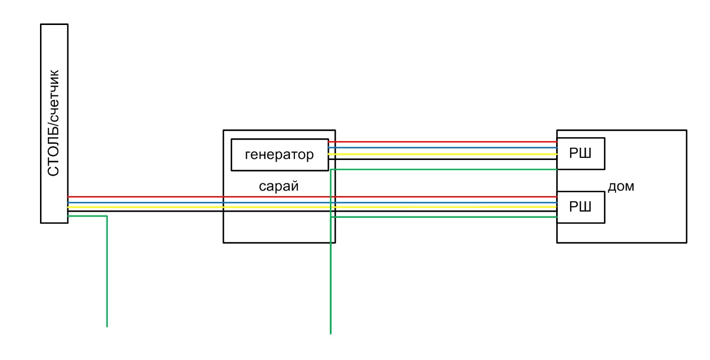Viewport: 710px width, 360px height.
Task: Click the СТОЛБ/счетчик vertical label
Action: [x=53, y=123]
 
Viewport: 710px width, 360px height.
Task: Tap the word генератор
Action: [x=279, y=154]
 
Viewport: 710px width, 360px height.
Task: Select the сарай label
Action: [x=279, y=186]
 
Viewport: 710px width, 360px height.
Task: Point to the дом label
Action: [x=621, y=186]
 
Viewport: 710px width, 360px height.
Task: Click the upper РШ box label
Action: [x=580, y=153]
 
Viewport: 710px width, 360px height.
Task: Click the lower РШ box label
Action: [x=580, y=207]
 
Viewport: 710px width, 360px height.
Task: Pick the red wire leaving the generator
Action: [x=443, y=142]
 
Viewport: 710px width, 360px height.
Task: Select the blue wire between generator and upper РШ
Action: [x=443, y=148]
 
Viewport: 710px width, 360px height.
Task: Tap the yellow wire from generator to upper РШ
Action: [x=443, y=154]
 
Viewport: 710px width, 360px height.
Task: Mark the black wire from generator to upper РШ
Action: [x=443, y=159]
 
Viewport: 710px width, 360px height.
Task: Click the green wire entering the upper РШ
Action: [x=444, y=169]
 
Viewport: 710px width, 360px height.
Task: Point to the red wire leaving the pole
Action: [x=312, y=197]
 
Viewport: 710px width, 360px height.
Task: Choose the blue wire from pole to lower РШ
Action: [x=312, y=202]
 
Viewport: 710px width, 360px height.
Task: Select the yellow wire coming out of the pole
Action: [x=312, y=207]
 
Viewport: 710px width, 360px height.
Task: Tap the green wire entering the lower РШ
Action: [x=444, y=217]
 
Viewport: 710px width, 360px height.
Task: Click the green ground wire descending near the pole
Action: [x=107, y=271]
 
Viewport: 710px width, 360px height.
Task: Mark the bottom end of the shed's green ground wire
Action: [x=331, y=334]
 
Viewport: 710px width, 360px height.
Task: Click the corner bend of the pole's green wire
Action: [x=107, y=216]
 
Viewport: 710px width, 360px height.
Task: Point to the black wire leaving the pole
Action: [x=312, y=211]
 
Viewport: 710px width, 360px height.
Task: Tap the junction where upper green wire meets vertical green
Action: [x=331, y=169]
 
